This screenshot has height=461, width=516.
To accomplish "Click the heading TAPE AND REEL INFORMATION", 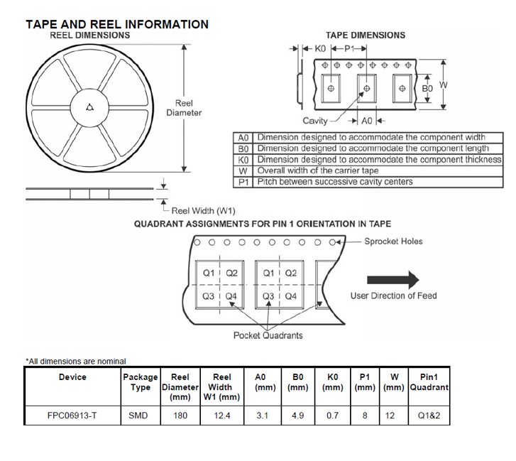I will click(117, 24).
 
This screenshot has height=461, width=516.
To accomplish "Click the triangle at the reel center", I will click(89, 107).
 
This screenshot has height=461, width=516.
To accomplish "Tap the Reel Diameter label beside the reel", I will click(184, 108).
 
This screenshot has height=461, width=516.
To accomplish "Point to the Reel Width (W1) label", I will click(203, 211).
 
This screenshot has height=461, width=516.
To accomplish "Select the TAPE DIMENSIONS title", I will click(366, 35).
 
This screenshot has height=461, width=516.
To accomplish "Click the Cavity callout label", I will click(314, 121).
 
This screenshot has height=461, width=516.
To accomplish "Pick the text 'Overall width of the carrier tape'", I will click(317, 171).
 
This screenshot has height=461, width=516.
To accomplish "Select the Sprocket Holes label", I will click(393, 242).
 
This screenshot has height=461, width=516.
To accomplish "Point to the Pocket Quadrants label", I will click(268, 335).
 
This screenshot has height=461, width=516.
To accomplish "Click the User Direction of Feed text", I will click(393, 295).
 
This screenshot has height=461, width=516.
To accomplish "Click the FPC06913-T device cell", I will click(72, 416).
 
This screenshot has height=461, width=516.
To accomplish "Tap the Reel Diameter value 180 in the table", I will click(180, 416).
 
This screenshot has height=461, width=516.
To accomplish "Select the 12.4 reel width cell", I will click(222, 416).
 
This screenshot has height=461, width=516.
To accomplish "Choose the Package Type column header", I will click(140, 382).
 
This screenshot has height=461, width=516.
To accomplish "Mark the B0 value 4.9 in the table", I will click(297, 416).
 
